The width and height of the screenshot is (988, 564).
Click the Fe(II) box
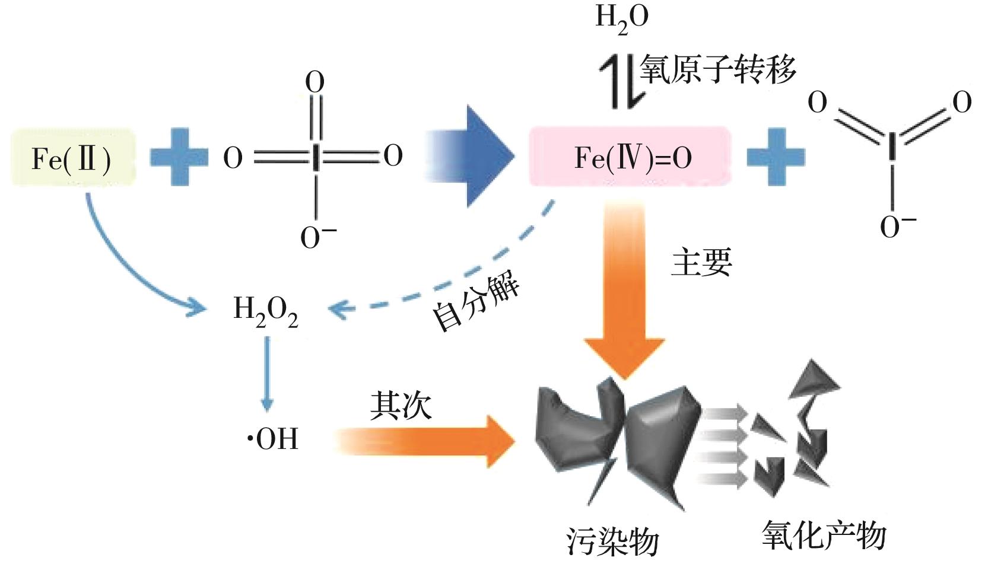click(x=73, y=158)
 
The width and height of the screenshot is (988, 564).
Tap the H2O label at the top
click(x=621, y=19)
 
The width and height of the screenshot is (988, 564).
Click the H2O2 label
click(x=265, y=311)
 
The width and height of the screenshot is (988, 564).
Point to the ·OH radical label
click(x=273, y=439)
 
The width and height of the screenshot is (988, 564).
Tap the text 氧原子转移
click(x=717, y=70)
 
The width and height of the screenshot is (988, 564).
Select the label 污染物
click(x=612, y=540)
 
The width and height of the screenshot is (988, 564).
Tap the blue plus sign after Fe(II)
click(x=179, y=157)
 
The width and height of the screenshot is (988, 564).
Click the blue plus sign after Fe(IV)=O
click(x=776, y=157)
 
